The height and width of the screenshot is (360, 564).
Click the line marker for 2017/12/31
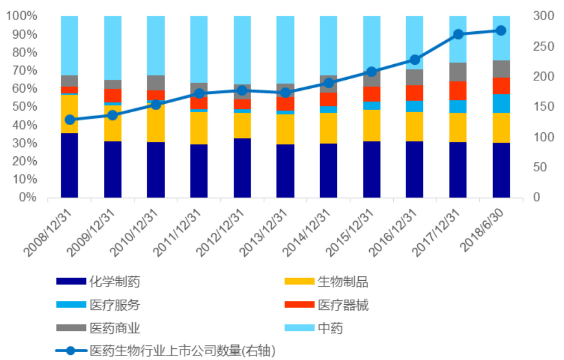(458, 34)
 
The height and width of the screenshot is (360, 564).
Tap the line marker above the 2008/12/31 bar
(70, 119)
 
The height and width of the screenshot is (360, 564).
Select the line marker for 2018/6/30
(501, 31)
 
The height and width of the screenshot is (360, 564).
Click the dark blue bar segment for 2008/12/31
(70, 165)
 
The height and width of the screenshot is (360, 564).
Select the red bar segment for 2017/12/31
(458, 90)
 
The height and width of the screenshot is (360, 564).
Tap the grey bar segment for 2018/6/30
(501, 69)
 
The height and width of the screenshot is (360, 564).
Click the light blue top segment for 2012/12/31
(242, 50)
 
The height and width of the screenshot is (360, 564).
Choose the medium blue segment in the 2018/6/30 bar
(501, 103)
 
